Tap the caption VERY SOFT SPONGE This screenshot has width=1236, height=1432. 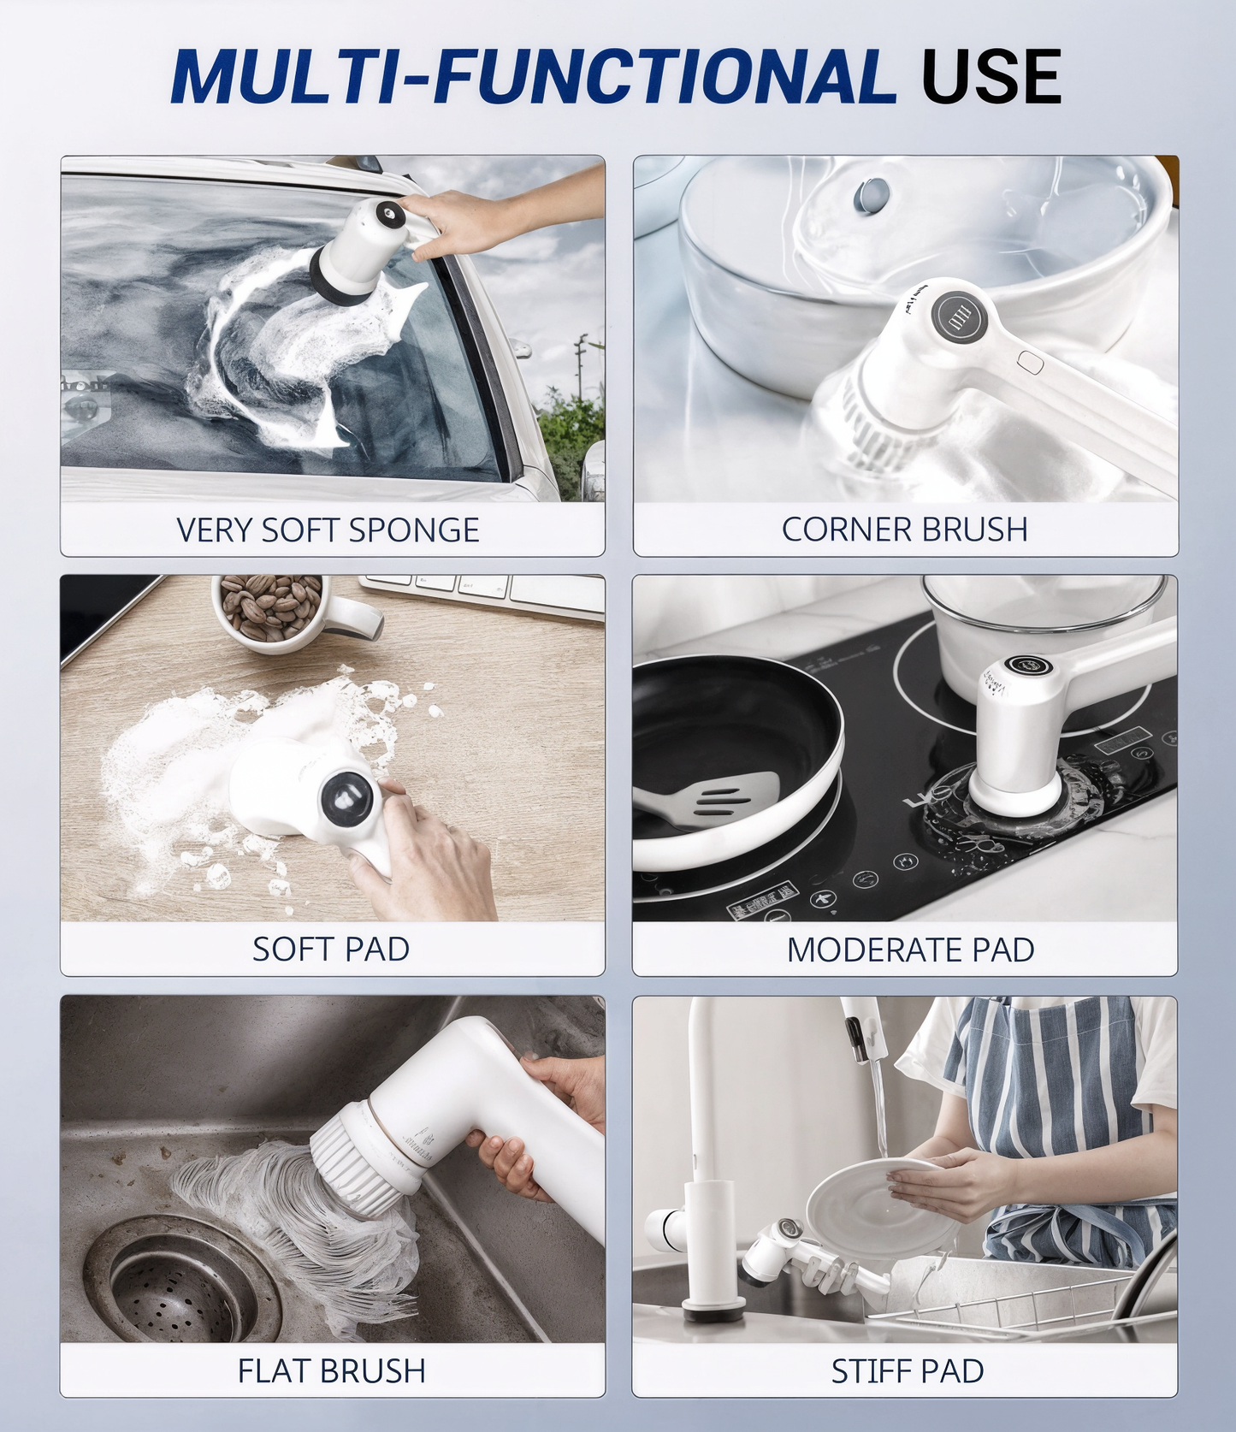[x=328, y=530]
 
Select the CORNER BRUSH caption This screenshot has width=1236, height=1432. [x=904, y=530]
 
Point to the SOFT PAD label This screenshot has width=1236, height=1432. [x=330, y=949]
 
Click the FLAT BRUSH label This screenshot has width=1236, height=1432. [x=331, y=1370]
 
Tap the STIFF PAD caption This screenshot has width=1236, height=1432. [x=907, y=1370]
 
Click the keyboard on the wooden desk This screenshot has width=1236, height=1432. [x=483, y=592]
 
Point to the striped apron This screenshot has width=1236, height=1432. [x=1061, y=1112]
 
